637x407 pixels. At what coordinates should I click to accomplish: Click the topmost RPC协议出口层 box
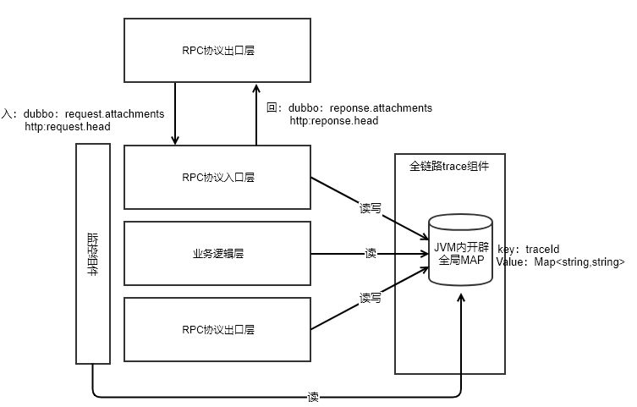(218, 50)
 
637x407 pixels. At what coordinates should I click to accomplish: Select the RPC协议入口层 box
(218, 177)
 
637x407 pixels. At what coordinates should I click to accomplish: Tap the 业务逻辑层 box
(218, 253)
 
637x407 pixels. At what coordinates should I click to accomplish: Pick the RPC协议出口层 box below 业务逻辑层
(218, 328)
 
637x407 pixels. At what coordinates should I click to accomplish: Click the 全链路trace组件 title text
(449, 166)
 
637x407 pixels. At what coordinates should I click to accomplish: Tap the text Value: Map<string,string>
(561, 262)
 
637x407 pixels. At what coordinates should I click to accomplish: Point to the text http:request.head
(68, 126)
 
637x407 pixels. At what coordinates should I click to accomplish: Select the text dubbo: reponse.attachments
(360, 108)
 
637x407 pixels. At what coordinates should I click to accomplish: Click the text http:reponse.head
(334, 121)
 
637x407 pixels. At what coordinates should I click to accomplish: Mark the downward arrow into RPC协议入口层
(175, 114)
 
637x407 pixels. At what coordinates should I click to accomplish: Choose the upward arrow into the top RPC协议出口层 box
(255, 114)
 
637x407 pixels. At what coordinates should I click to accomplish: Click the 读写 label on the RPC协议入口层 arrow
(371, 208)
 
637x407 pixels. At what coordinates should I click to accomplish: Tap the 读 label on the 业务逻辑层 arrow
(371, 253)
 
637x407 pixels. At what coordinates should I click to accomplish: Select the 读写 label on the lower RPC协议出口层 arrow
(371, 298)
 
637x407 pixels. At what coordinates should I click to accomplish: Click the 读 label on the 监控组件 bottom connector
(313, 396)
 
